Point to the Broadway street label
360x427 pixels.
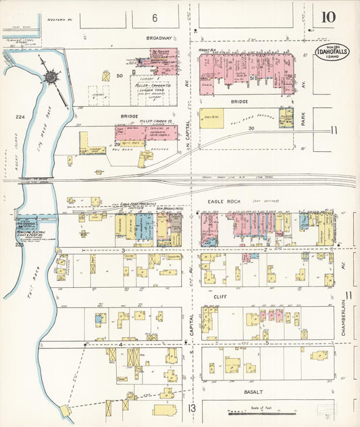[160, 39]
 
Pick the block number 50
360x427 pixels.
[120, 76]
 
